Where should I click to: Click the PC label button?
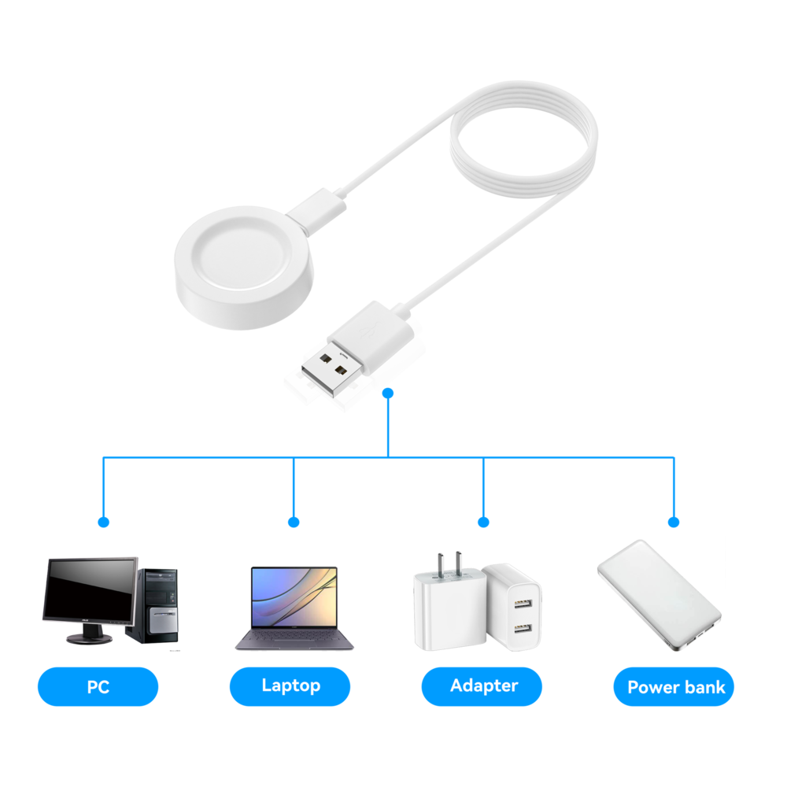pyautogui.click(x=98, y=686)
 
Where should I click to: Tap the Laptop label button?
pyautogui.click(x=290, y=686)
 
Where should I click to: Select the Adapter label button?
pyautogui.click(x=483, y=686)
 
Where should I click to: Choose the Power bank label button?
pyautogui.click(x=675, y=687)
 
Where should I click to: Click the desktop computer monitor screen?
pyautogui.click(x=89, y=590)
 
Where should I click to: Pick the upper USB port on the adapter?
pyautogui.click(x=520, y=605)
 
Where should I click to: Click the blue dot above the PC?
pyautogui.click(x=103, y=522)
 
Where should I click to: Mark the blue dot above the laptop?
pyautogui.click(x=294, y=522)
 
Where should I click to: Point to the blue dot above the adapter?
pyautogui.click(x=483, y=522)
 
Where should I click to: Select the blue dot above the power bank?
pyautogui.click(x=674, y=522)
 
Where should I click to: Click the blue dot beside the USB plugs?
pyautogui.click(x=387, y=393)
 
